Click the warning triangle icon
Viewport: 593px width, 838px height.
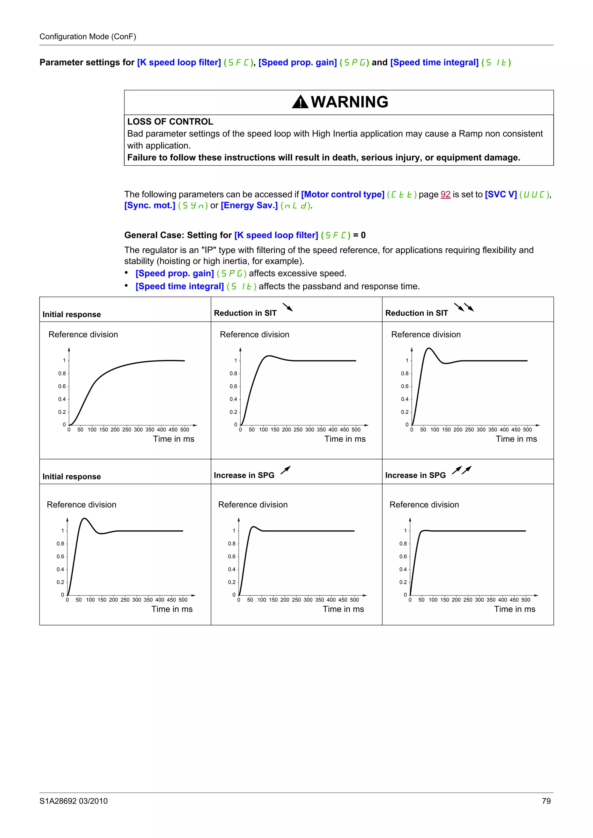(300, 102)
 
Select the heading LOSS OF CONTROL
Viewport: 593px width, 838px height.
(170, 121)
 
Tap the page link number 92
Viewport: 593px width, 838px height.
(445, 195)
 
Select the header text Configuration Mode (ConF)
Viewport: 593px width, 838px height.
(88, 36)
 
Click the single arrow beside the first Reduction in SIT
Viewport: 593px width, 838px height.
(288, 307)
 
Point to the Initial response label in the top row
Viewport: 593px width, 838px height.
(72, 314)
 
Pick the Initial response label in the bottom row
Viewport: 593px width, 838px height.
(72, 476)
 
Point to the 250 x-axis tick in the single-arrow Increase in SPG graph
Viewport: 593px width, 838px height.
(296, 600)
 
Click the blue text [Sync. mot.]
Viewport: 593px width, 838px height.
(150, 206)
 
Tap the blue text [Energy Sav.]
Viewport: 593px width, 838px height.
(249, 206)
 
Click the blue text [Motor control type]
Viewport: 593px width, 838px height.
(342, 195)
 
